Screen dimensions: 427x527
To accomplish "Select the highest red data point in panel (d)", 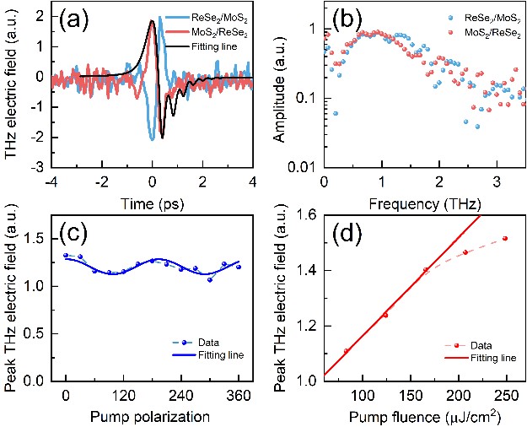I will [x=504, y=239].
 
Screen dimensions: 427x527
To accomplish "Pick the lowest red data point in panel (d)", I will [x=347, y=351].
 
